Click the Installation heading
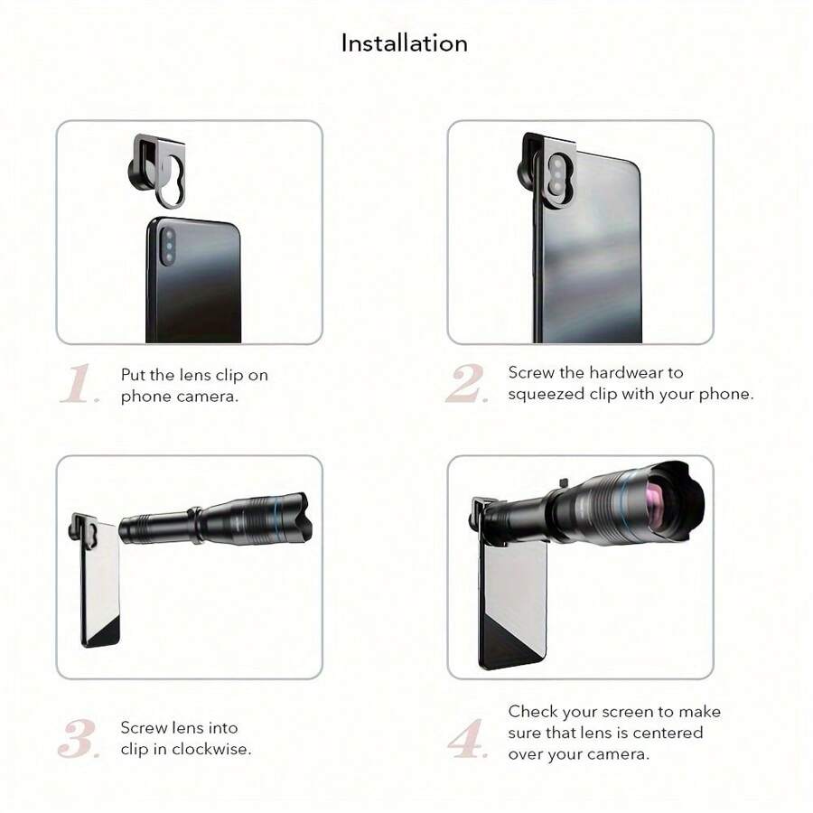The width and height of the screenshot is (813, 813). coord(404,43)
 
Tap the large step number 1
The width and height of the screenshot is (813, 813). coord(79,386)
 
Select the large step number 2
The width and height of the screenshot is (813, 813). coord(467,385)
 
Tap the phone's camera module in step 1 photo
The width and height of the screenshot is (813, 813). coord(169,246)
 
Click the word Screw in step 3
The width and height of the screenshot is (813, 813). coord(143,728)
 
